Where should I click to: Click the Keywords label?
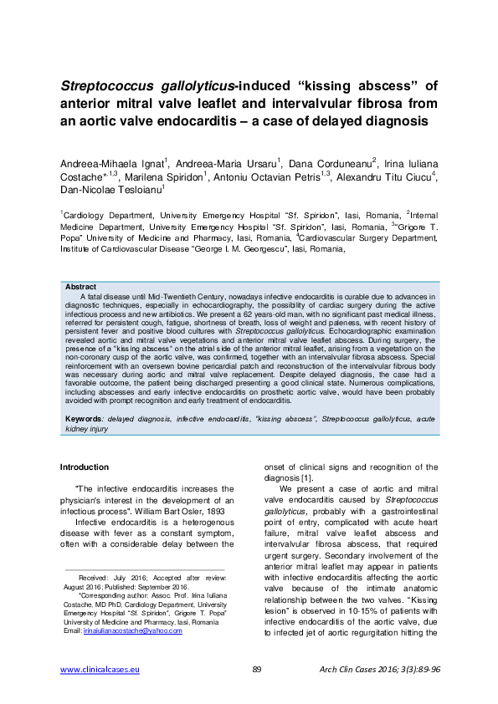click(84, 417)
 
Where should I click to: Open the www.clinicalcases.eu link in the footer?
click(100, 670)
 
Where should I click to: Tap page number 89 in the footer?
click(257, 670)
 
